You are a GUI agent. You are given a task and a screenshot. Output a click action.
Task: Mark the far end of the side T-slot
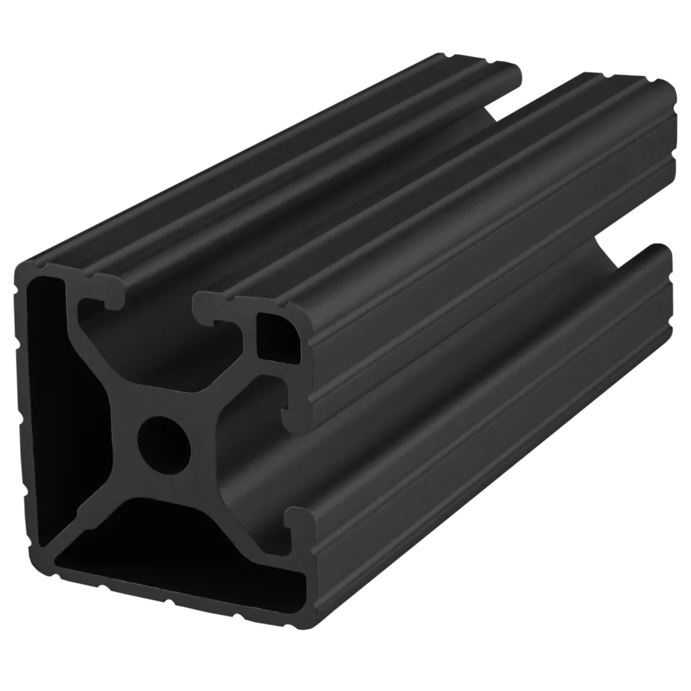click(653, 251)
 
